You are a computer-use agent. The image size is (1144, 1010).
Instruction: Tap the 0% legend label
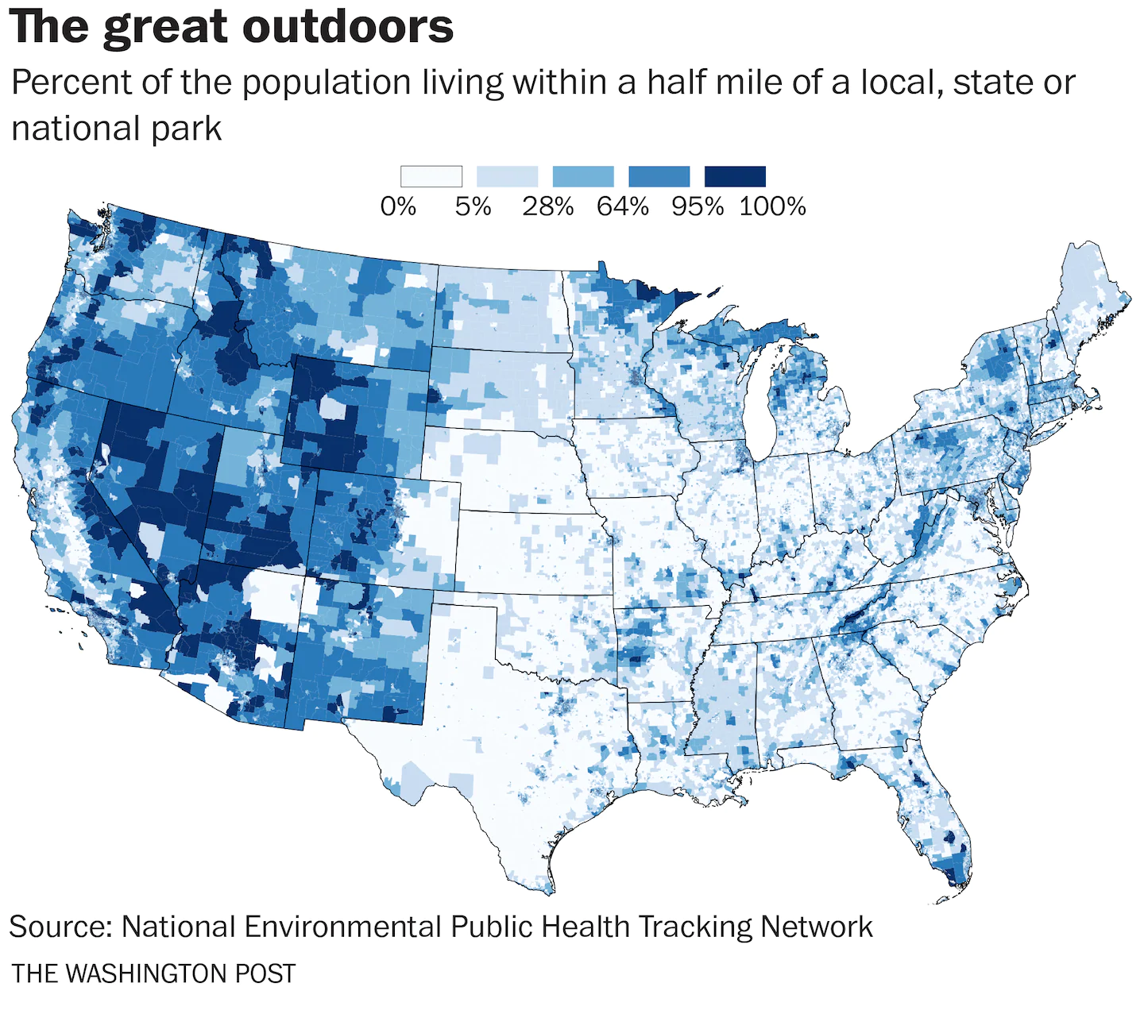pyautogui.click(x=398, y=206)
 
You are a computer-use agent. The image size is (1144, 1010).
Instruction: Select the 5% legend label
pyautogui.click(x=473, y=206)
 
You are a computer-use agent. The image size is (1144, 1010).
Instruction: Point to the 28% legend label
pyautogui.click(x=547, y=206)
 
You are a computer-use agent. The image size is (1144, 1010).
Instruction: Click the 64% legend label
pyautogui.click(x=623, y=206)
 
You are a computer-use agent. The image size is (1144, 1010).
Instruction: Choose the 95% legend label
pyautogui.click(x=698, y=206)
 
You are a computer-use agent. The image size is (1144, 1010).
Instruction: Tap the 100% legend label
pyautogui.click(x=772, y=206)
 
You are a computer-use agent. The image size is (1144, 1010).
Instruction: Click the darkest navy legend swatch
pyautogui.click(x=736, y=176)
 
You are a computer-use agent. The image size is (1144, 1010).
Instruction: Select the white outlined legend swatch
pyautogui.click(x=431, y=176)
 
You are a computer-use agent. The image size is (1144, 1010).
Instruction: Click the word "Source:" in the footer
pyautogui.click(x=60, y=927)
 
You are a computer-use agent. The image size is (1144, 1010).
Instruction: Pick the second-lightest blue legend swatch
pyautogui.click(x=507, y=176)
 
